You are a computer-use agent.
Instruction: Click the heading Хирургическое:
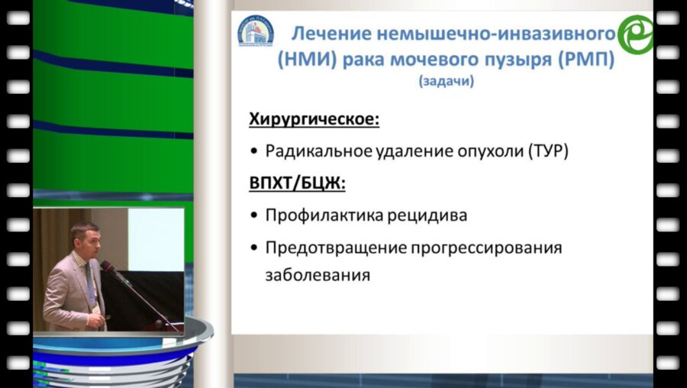tap(314, 119)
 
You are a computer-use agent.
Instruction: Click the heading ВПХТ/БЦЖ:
tap(296, 183)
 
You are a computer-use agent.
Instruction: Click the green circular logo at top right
tap(635, 35)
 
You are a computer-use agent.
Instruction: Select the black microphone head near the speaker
tap(107, 266)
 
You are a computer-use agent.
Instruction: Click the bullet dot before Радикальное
tap(254, 151)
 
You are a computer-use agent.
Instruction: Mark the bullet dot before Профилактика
tap(254, 215)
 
